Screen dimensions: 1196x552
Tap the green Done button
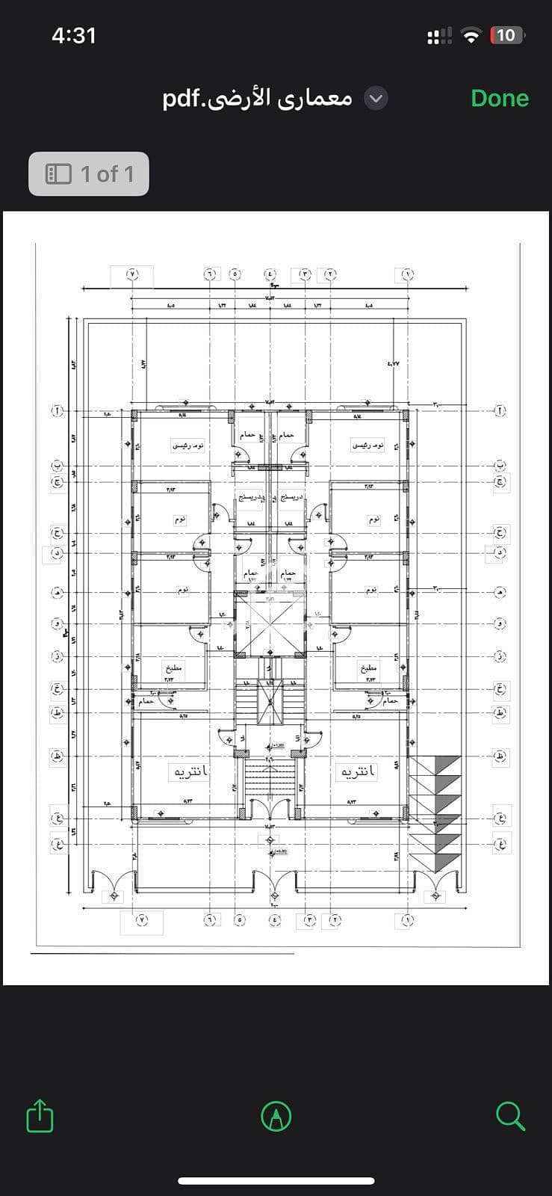click(x=499, y=98)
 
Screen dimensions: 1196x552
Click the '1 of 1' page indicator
click(x=89, y=174)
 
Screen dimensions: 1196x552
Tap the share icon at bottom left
click(x=40, y=1116)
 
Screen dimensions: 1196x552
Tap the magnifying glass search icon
click(x=510, y=1116)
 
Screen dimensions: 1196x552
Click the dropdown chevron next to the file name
click(x=376, y=98)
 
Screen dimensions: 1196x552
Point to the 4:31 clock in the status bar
click(x=74, y=35)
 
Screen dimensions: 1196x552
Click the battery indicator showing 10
click(x=506, y=35)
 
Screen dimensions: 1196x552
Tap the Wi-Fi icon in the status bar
click(x=471, y=35)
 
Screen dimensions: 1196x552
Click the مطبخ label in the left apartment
click(x=175, y=668)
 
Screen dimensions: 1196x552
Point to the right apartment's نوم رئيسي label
click(x=368, y=446)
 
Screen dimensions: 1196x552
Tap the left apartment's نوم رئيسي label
click(x=188, y=446)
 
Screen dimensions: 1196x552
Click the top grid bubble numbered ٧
click(x=132, y=274)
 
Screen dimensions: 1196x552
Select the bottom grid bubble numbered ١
click(x=407, y=920)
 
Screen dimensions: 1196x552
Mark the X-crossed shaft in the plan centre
click(x=270, y=625)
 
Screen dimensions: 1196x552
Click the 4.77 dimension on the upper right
click(x=393, y=363)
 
